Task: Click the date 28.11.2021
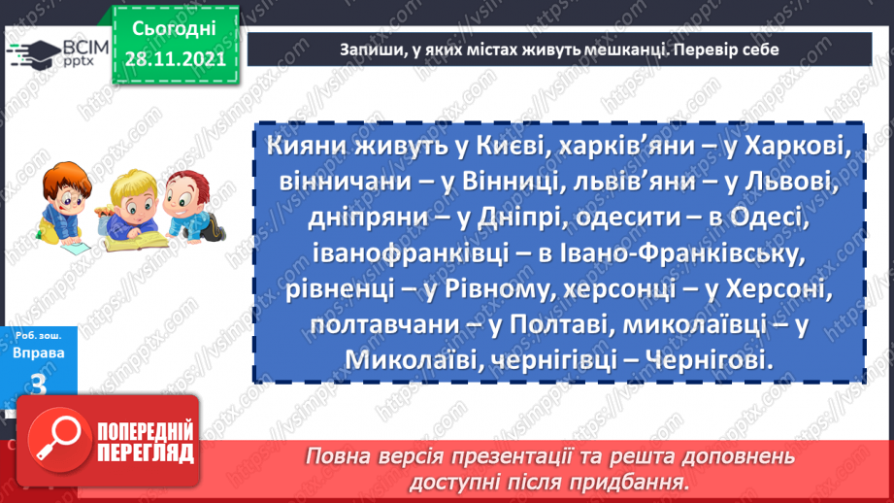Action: tap(175, 58)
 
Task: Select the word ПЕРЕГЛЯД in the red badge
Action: tap(147, 453)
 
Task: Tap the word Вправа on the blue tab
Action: tap(40, 353)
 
